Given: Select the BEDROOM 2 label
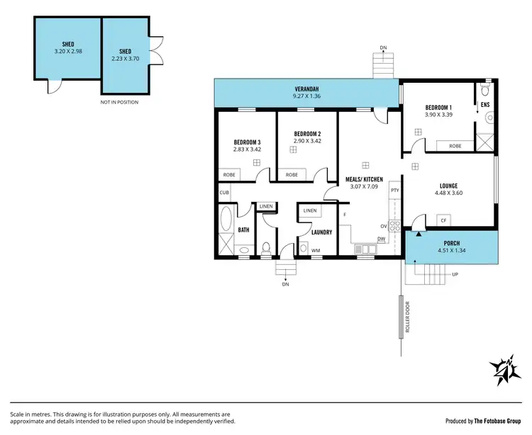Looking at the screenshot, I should pyautogui.click(x=308, y=133).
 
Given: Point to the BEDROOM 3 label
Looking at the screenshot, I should pyautogui.click(x=247, y=142).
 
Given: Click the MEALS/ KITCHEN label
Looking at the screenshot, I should pyautogui.click(x=365, y=179).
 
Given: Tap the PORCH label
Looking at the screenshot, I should pyautogui.click(x=451, y=242).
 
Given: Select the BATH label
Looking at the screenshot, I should pyautogui.click(x=243, y=230).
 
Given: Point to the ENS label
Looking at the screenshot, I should pyautogui.click(x=485, y=106).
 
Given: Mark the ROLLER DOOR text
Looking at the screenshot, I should pyautogui.click(x=407, y=318).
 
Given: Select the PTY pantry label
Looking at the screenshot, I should pyautogui.click(x=394, y=190).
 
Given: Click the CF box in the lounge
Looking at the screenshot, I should pyautogui.click(x=443, y=220).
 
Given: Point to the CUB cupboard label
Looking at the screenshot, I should pyautogui.click(x=223, y=192).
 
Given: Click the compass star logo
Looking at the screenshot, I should pyautogui.click(x=504, y=371).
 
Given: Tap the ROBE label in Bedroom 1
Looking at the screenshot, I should pyautogui.click(x=455, y=146).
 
